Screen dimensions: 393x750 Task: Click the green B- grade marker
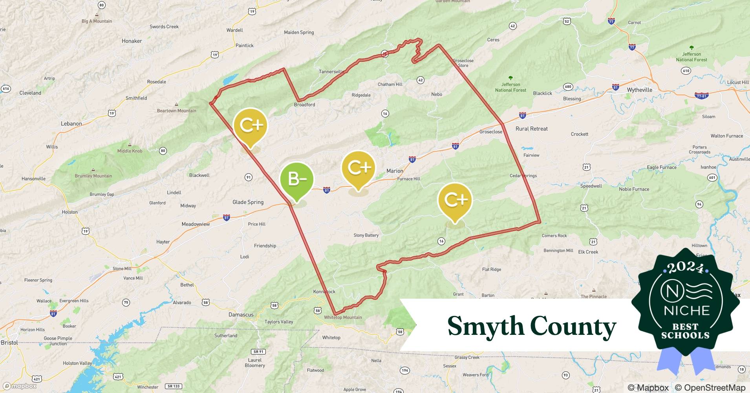click(x=297, y=180)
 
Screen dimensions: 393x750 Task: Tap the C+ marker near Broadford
click(x=250, y=126)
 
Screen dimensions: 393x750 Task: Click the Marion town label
click(x=395, y=171)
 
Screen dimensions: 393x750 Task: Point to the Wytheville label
click(x=639, y=90)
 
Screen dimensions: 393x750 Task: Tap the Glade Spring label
click(x=248, y=202)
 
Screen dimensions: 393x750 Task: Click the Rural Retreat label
click(x=531, y=129)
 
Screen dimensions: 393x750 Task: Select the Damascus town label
click(x=241, y=315)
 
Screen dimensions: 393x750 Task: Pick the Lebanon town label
click(x=71, y=124)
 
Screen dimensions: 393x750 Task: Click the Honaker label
click(x=132, y=41)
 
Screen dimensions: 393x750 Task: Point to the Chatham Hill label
click(x=390, y=84)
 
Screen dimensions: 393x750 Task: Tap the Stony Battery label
click(x=366, y=235)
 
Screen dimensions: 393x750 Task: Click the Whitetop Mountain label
click(x=343, y=318)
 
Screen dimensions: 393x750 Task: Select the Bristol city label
click(x=9, y=343)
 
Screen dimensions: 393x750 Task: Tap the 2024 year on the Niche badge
click(x=685, y=267)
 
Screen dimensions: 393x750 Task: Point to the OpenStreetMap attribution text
click(x=710, y=388)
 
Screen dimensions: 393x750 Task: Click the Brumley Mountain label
click(x=93, y=176)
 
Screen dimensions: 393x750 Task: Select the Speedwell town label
click(x=591, y=186)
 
